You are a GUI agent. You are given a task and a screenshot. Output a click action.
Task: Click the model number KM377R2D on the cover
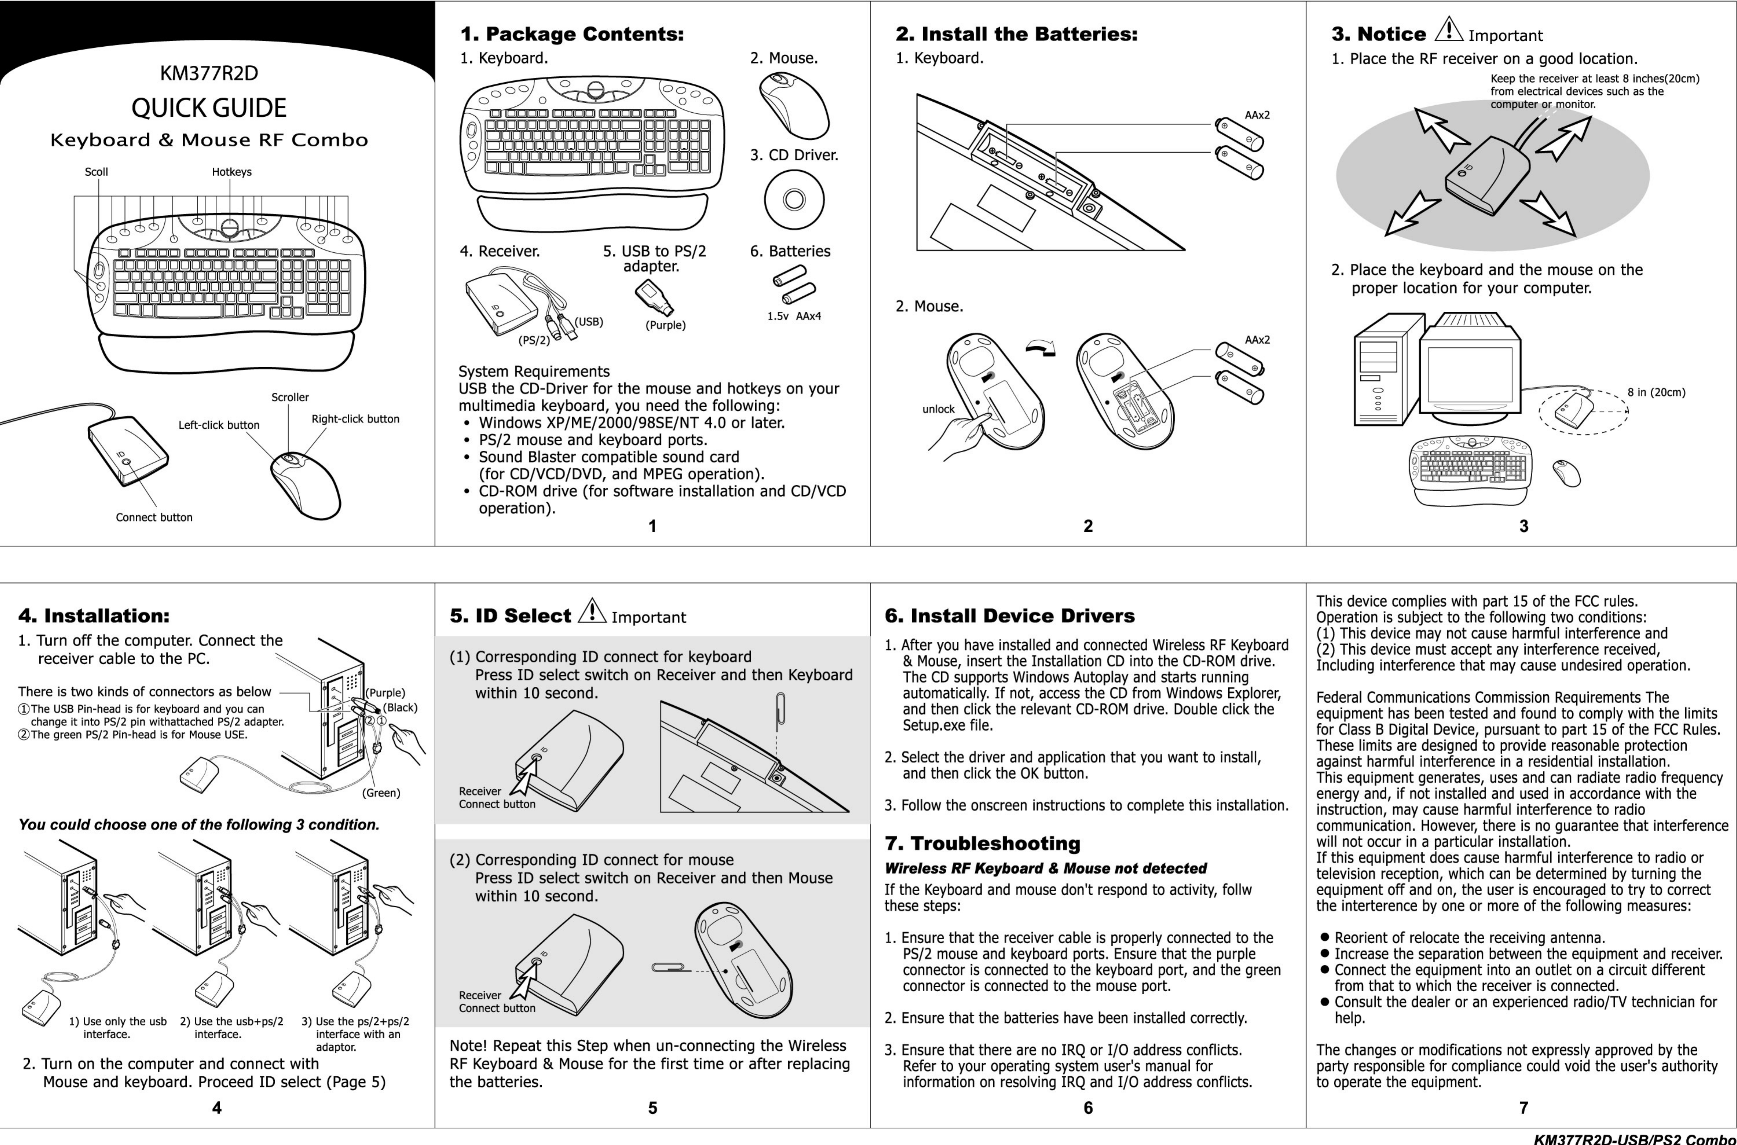(209, 73)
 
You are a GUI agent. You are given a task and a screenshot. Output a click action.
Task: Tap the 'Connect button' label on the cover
(154, 517)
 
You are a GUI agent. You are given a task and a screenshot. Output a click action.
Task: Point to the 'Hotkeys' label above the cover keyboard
(232, 172)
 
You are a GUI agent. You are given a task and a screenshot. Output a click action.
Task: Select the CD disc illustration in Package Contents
(794, 199)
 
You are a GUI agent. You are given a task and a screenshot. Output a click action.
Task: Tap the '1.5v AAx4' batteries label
(794, 316)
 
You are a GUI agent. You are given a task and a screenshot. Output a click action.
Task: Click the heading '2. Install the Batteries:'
(1016, 34)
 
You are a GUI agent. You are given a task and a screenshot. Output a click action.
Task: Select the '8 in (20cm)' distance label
(1656, 392)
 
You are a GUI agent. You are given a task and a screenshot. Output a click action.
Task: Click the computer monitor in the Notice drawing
(1470, 373)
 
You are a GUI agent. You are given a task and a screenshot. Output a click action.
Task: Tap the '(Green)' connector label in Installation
(381, 792)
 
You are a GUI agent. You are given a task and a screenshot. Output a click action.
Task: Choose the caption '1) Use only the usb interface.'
(118, 1027)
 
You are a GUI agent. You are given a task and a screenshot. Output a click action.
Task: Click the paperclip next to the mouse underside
(669, 968)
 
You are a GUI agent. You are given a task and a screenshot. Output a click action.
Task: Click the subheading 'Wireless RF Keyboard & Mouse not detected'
(1045, 868)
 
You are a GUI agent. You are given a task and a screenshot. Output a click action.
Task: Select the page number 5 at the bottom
(652, 1108)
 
